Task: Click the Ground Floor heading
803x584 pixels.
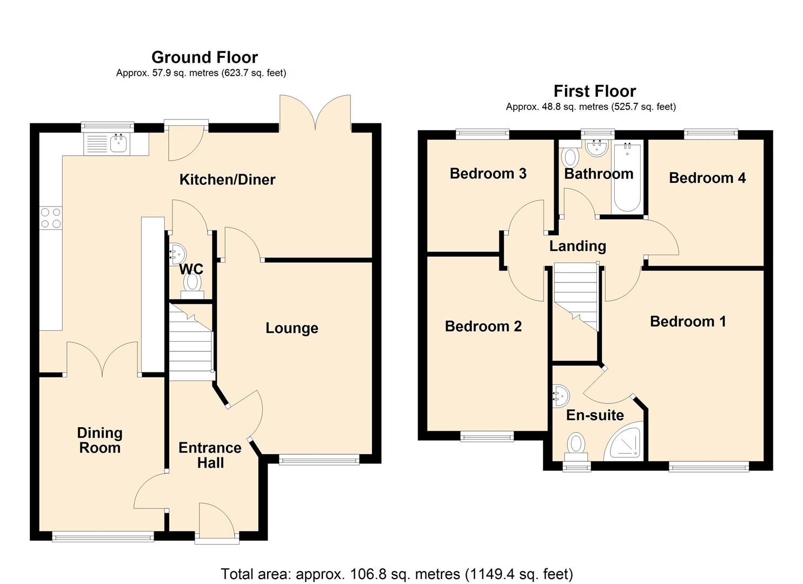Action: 204,57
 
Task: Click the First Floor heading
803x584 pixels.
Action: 594,91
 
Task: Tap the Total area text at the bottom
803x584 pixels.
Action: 396,574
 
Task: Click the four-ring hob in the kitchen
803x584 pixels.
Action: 51,218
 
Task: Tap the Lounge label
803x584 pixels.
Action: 291,328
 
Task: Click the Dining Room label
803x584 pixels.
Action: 99,440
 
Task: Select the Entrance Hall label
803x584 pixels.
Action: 210,455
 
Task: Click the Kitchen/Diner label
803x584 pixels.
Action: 227,180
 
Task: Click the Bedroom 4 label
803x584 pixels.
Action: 707,178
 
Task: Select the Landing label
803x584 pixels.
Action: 577,246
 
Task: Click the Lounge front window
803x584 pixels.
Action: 318,460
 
